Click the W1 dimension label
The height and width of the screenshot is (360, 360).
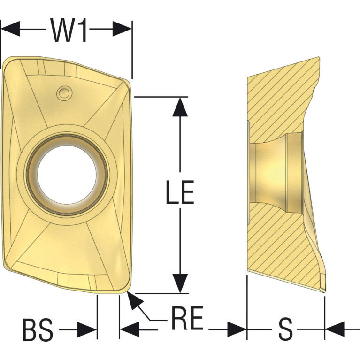click(x=69, y=31)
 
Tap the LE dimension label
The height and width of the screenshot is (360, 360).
click(x=180, y=192)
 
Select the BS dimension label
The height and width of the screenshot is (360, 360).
click(x=38, y=329)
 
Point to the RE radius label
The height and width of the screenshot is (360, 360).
click(x=187, y=318)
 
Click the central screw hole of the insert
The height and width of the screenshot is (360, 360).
click(x=67, y=175)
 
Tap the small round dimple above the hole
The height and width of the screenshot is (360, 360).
click(x=64, y=93)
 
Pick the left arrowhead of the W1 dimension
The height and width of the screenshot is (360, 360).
click(x=11, y=29)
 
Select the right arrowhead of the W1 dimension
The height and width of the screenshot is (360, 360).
click(x=122, y=29)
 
